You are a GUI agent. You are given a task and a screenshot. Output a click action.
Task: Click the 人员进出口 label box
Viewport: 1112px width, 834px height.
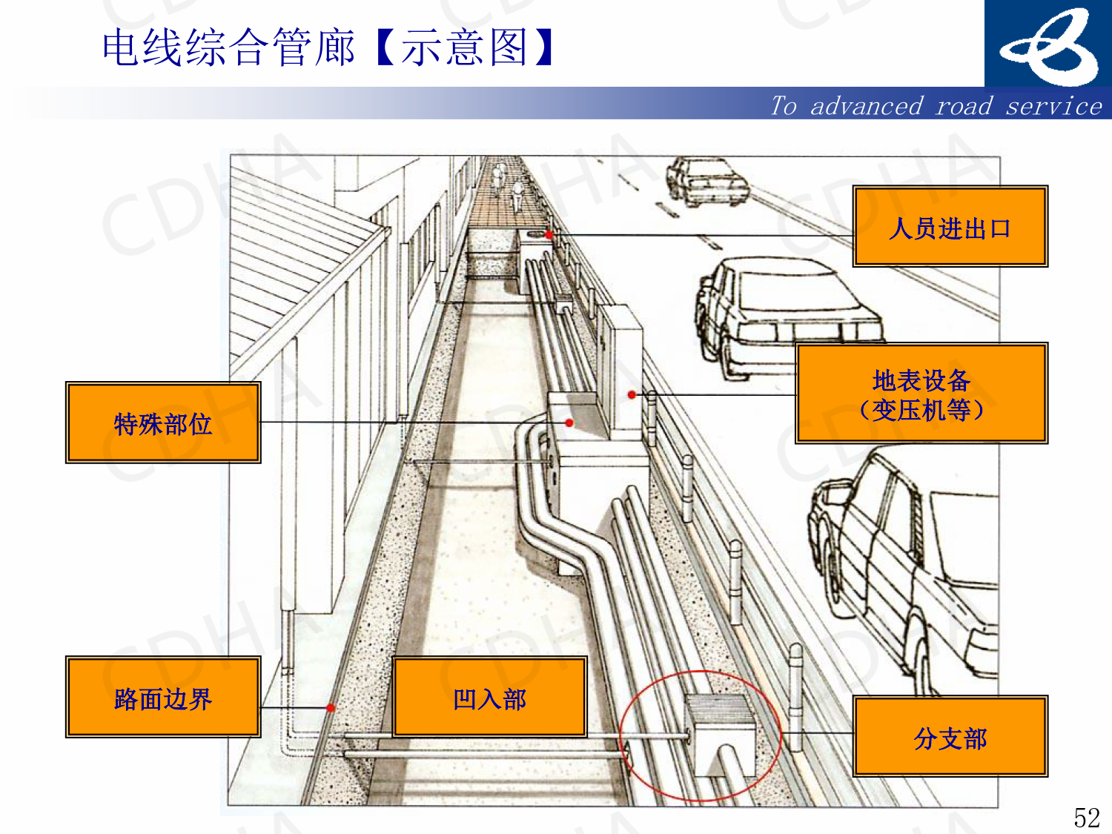(x=950, y=226)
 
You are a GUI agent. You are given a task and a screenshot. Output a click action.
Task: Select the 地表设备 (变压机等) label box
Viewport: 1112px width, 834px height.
(x=921, y=394)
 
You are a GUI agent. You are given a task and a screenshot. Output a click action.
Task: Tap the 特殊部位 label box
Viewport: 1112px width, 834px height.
(x=163, y=423)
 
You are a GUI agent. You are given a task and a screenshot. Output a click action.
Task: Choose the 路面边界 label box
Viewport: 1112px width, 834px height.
(x=163, y=697)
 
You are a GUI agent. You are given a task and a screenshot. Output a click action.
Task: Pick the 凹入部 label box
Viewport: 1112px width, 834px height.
(x=489, y=697)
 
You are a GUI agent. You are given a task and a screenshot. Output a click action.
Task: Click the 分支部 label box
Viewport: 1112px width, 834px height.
(x=950, y=737)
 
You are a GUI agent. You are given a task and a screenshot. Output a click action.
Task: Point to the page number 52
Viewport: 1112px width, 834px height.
(x=1087, y=817)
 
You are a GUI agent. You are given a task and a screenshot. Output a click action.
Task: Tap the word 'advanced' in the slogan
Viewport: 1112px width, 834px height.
(x=867, y=106)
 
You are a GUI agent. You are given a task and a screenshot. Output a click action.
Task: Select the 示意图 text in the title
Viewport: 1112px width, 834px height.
(x=465, y=47)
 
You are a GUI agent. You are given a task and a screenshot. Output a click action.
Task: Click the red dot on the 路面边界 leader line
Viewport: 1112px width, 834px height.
(x=331, y=708)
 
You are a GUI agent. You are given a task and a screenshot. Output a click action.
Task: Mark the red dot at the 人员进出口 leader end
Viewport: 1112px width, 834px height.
(x=549, y=234)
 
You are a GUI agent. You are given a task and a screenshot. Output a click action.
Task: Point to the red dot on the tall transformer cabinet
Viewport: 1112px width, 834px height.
(x=632, y=394)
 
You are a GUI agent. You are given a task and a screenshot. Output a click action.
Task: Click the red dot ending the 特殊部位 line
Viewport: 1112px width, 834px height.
(x=569, y=423)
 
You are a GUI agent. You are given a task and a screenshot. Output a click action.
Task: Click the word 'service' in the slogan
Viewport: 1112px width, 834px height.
(x=1053, y=106)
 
